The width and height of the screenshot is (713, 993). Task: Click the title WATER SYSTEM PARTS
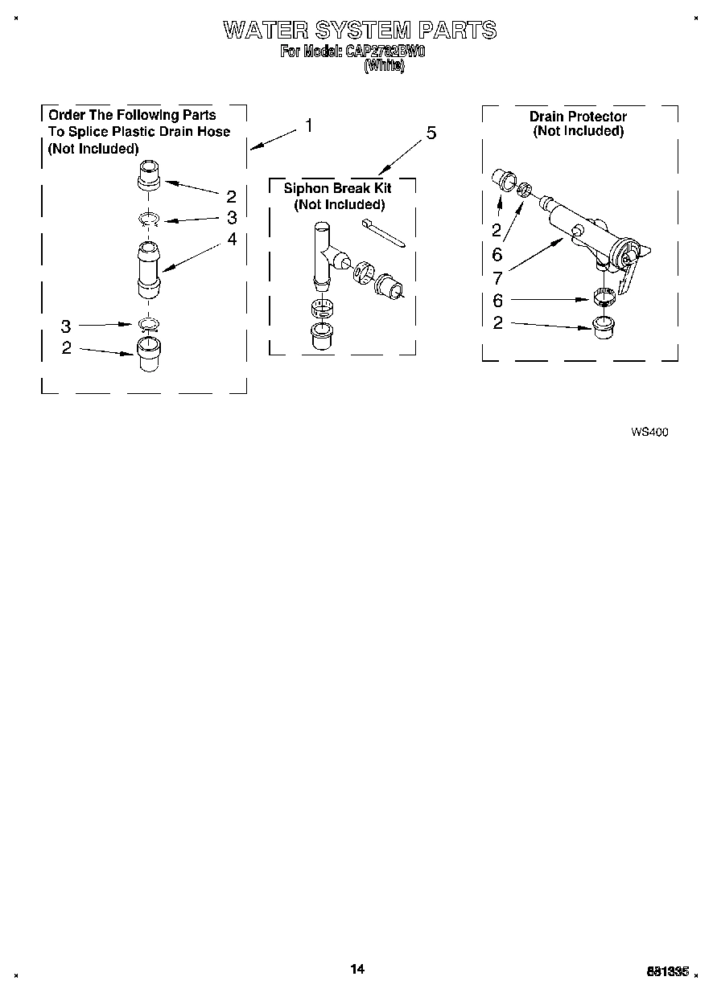tap(359, 31)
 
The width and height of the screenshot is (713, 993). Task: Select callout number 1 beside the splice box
tap(308, 126)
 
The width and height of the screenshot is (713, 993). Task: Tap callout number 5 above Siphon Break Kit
tap(431, 133)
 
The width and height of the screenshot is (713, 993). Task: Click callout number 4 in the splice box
tap(232, 239)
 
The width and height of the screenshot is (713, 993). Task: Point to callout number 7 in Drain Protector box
tap(497, 279)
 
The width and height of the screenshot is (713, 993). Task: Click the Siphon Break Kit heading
tap(337, 188)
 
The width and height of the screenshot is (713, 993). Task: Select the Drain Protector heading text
tap(577, 117)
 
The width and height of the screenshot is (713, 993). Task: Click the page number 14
tap(357, 969)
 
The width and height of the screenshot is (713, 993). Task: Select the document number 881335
tap(668, 971)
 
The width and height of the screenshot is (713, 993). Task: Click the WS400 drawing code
tap(649, 432)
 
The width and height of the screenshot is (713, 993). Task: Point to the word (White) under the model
tap(384, 67)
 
